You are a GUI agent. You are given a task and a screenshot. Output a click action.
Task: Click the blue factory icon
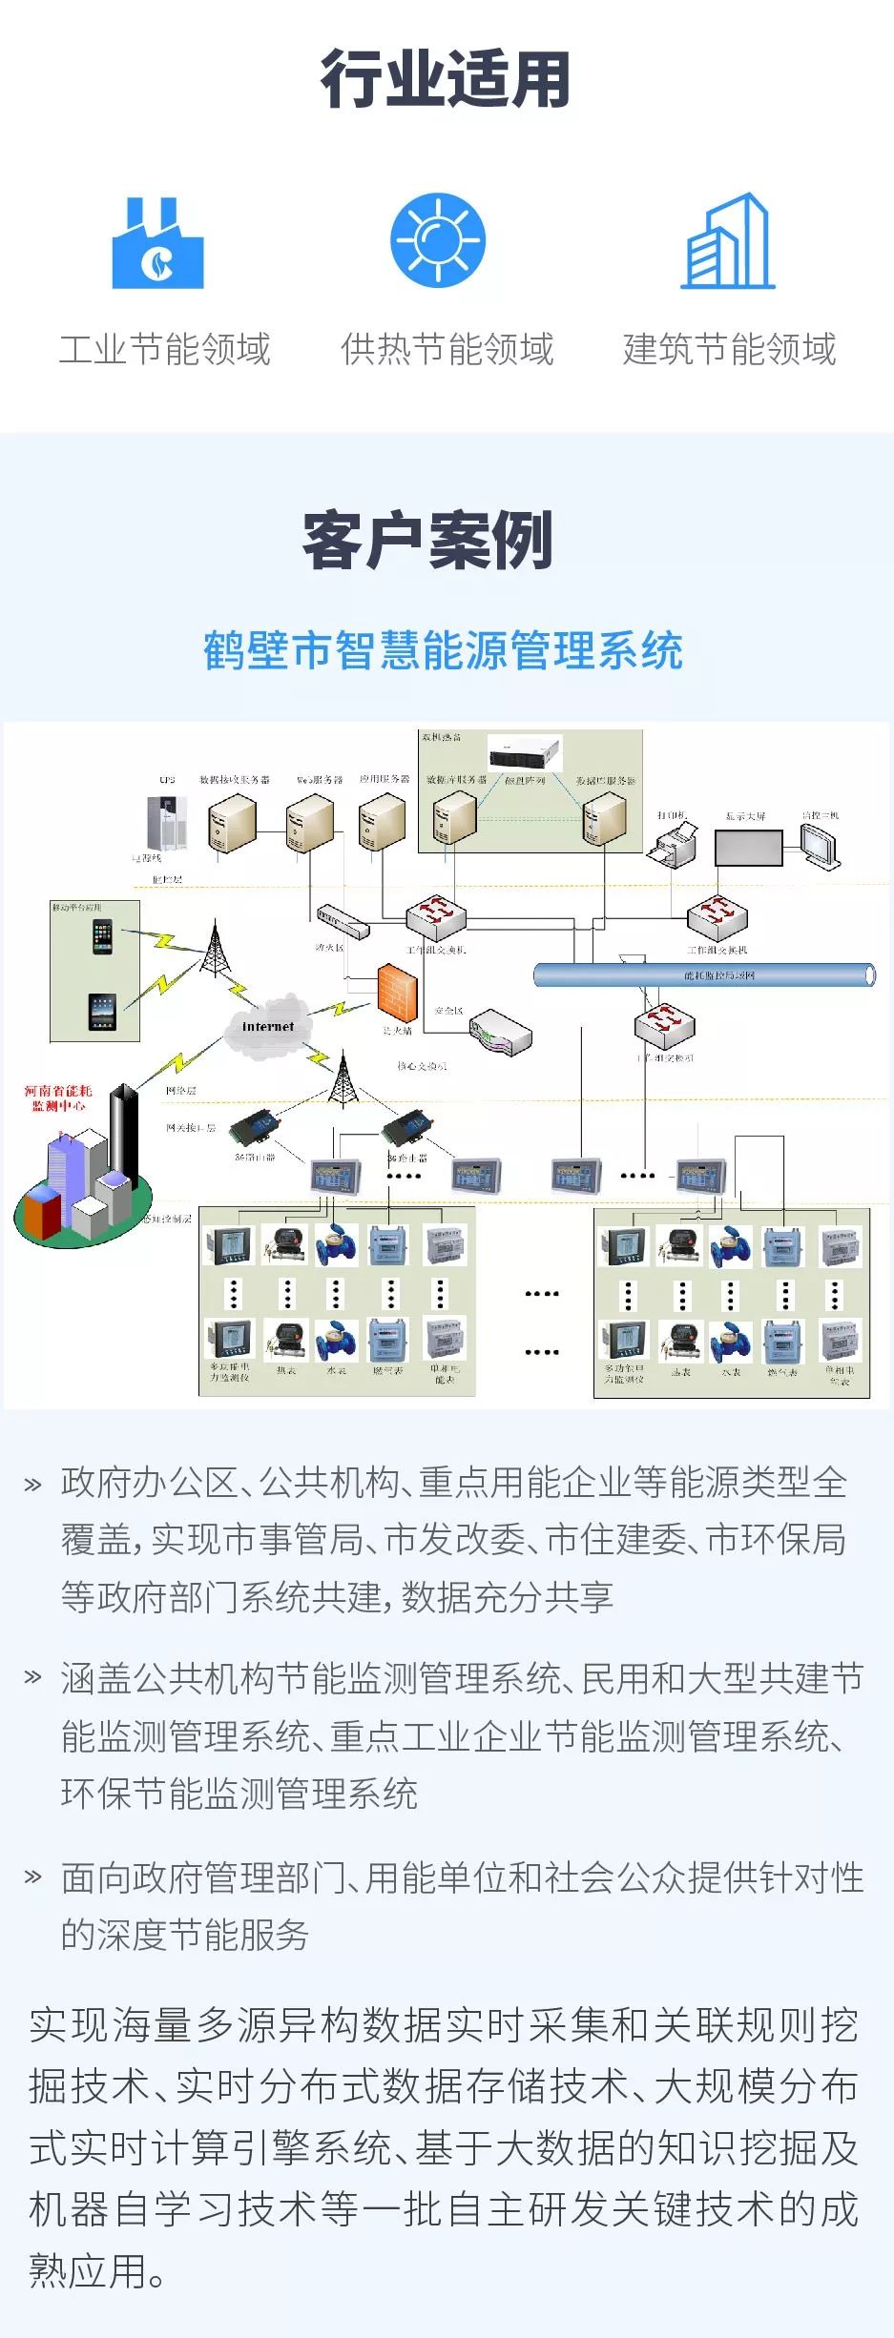(157, 245)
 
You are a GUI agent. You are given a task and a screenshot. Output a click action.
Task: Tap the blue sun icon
(438, 240)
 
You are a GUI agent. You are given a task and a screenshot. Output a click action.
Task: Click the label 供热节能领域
(447, 349)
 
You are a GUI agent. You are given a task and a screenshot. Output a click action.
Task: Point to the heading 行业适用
(446, 79)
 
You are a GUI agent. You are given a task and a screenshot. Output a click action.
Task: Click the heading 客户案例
(428, 541)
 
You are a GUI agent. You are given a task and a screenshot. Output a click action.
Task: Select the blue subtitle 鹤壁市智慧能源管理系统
(443, 651)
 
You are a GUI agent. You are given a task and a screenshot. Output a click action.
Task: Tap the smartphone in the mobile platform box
(102, 938)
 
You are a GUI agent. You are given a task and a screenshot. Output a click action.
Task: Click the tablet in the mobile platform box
(102, 1011)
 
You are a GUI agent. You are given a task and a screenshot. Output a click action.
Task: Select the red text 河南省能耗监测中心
(58, 1097)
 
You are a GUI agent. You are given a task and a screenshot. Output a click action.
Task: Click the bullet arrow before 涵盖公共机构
(32, 1676)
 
